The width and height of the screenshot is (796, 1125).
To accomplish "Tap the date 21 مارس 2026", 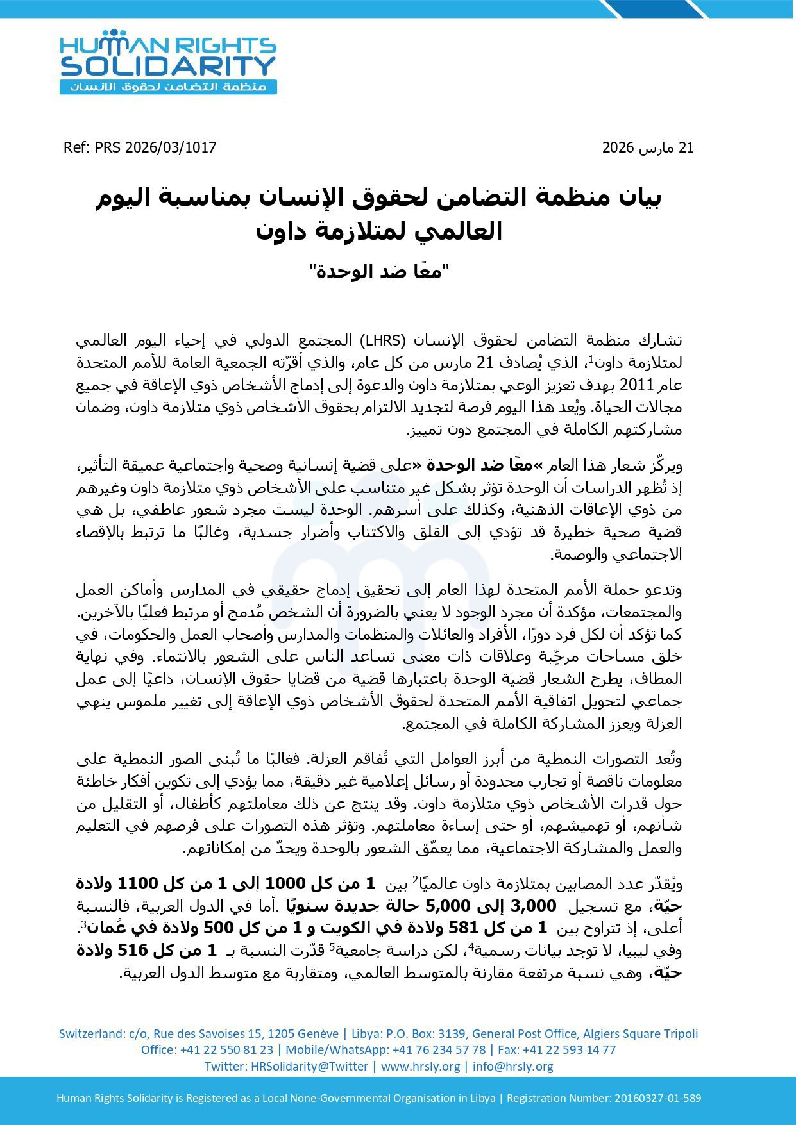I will (648, 147).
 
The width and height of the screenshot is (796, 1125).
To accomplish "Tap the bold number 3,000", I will (535, 906).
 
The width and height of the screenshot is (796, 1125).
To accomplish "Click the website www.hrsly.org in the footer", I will (420, 1066).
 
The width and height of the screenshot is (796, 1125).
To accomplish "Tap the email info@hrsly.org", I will (512, 1066).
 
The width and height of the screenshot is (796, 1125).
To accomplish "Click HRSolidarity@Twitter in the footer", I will (309, 1066).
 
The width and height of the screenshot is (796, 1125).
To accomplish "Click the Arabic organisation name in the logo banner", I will (168, 87).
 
